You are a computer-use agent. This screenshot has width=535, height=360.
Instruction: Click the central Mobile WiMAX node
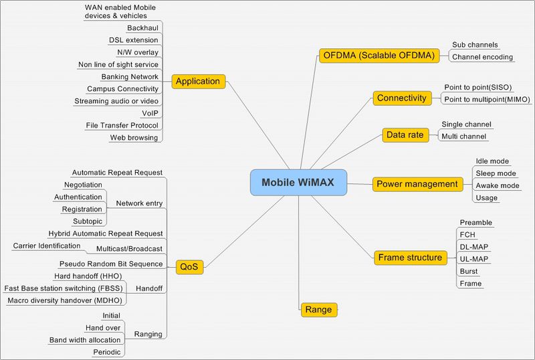tap(299, 182)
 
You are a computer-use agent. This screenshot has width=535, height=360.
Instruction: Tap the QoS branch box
tap(190, 268)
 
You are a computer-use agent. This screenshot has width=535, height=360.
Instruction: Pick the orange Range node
tap(318, 309)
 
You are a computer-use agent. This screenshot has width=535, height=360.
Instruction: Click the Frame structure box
tap(410, 257)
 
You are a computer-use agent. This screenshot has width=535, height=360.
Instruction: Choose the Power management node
tap(417, 183)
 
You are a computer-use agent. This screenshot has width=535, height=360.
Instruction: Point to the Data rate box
tap(405, 134)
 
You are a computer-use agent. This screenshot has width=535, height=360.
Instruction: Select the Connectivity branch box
tap(401, 98)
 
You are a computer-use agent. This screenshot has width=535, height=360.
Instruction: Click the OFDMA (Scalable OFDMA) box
tap(378, 56)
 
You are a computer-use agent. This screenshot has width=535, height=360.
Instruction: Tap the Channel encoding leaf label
tap(483, 57)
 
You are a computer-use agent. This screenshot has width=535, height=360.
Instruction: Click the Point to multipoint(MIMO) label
tap(487, 100)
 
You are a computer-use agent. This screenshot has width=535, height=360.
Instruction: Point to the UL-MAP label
tap(474, 259)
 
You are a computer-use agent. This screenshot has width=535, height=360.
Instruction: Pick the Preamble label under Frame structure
tap(476, 223)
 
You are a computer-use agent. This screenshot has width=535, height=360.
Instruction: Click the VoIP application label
tap(150, 113)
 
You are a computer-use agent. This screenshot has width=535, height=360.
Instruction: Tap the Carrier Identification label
tap(47, 246)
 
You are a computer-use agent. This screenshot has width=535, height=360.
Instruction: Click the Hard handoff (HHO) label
tap(88, 276)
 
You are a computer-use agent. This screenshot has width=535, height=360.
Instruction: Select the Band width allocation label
tap(85, 340)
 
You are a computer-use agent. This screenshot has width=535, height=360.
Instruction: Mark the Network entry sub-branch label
tap(139, 203)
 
